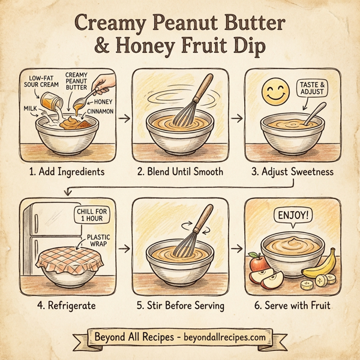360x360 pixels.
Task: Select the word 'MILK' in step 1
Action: (29, 109)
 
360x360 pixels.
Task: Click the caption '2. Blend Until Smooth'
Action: (180, 172)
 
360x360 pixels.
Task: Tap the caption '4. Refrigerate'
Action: (67, 305)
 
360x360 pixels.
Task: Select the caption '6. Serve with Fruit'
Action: (292, 305)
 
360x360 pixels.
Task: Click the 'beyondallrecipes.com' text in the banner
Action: (222, 337)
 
